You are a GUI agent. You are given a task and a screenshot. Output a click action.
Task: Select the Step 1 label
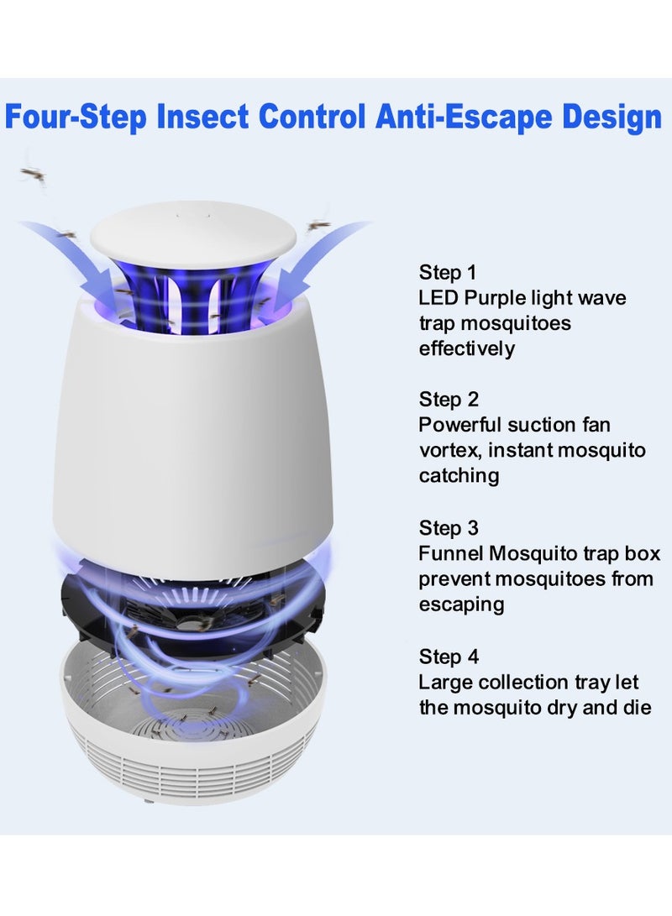point(448,272)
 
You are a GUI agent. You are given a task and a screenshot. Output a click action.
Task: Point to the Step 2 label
point(448,400)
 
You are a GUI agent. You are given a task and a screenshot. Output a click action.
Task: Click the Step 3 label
point(448,528)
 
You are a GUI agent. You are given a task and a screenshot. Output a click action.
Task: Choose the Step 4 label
point(448,656)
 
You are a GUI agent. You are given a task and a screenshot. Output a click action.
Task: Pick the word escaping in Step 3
point(461,605)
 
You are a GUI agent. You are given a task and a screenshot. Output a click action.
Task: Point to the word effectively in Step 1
point(466,348)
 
